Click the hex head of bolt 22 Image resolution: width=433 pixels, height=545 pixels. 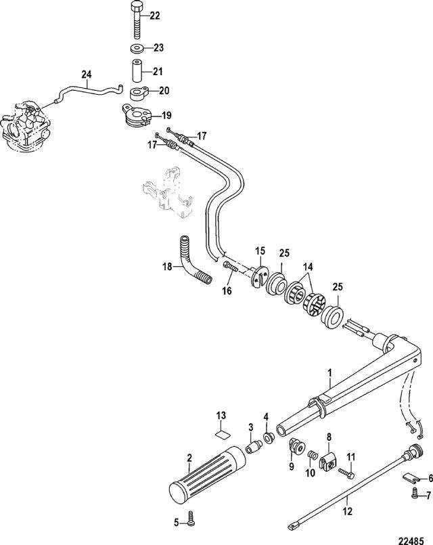(x=137, y=6)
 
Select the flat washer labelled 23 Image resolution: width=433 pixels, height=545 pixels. (x=137, y=48)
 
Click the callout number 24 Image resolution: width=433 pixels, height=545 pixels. (x=87, y=74)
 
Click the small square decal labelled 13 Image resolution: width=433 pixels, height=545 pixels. (x=221, y=433)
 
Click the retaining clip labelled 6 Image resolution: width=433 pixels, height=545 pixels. (x=411, y=477)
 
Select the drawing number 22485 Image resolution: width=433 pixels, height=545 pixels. (x=411, y=540)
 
